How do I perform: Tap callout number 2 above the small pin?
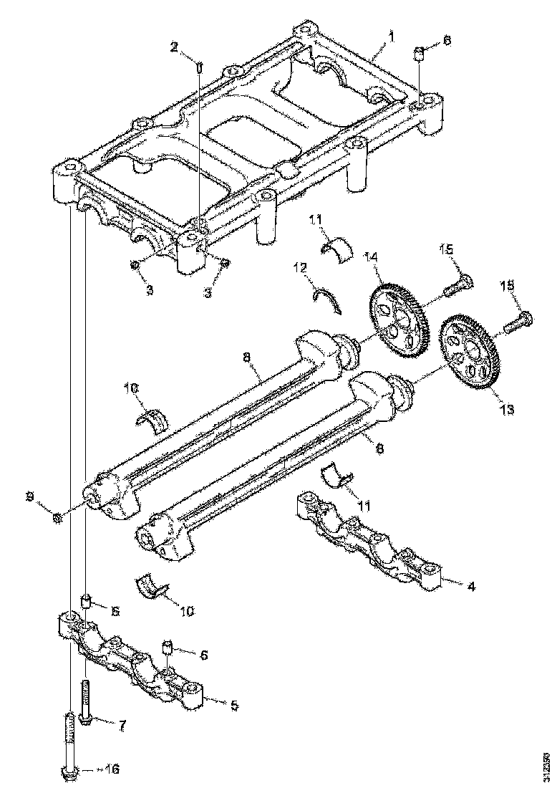coord(174,47)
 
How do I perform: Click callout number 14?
coord(372,256)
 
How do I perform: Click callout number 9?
coord(30,496)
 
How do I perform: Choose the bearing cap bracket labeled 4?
coord(369,539)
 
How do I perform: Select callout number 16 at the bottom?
coord(110,769)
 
